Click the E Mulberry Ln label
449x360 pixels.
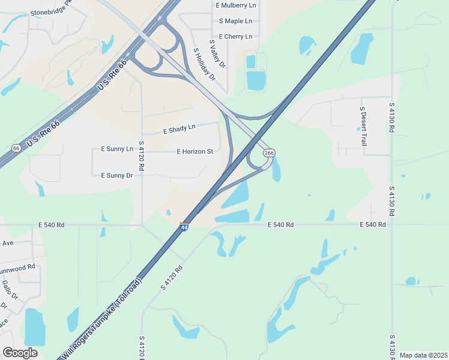click(x=235, y=5)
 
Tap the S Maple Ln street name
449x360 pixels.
click(x=235, y=21)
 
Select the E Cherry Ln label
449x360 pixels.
click(x=235, y=37)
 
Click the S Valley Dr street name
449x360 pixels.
click(x=217, y=54)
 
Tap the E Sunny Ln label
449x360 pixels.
click(x=117, y=148)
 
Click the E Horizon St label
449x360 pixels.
click(x=195, y=152)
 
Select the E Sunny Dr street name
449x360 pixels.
click(x=116, y=175)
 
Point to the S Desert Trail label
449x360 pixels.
click(x=363, y=127)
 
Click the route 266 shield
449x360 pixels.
click(x=269, y=154)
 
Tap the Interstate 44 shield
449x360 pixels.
click(x=184, y=227)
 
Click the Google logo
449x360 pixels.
click(x=20, y=352)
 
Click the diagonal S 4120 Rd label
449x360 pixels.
click(x=171, y=276)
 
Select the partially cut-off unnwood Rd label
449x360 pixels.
click(x=18, y=266)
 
